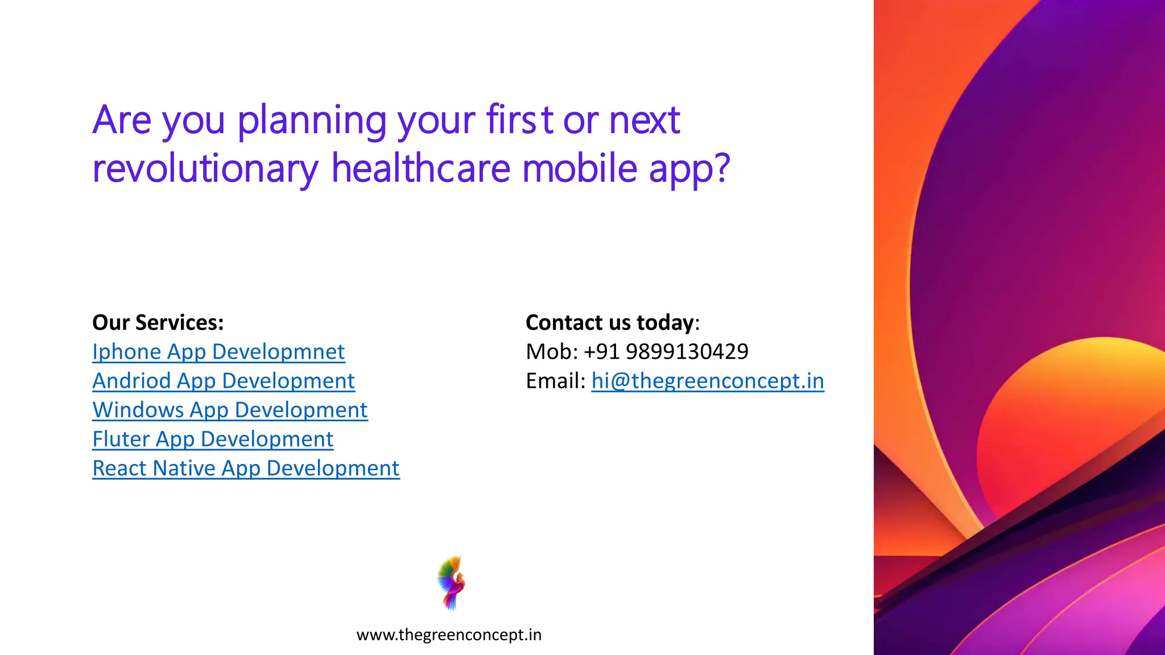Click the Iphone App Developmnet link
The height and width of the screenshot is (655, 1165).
point(218,352)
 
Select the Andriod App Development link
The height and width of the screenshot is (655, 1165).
point(224,381)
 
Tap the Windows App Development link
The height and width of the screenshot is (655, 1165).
point(230,410)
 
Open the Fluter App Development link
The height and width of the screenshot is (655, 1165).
point(213,439)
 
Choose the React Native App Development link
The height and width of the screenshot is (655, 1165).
point(246,469)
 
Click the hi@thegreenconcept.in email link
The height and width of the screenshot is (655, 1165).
point(708,381)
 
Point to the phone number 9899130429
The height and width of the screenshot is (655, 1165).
point(687,352)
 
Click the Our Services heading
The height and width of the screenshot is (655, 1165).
point(158,322)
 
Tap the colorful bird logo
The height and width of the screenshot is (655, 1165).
point(451,583)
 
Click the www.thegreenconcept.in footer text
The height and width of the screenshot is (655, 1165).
point(449,635)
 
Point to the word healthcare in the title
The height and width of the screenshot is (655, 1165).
point(421,169)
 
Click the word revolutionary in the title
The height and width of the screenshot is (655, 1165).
point(205,169)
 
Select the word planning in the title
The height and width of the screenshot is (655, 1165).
point(312,121)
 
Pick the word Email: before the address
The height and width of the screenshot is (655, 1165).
point(555,381)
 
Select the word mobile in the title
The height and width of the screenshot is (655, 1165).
point(579,169)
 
